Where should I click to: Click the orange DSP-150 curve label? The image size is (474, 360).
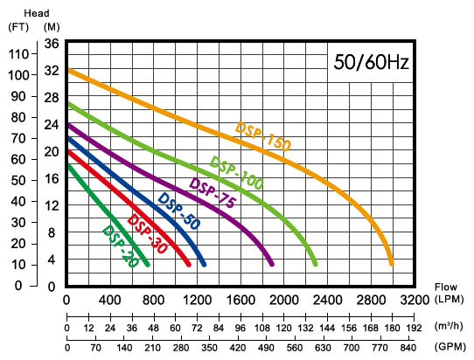point(262,136)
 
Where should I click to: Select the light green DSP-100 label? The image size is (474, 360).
point(236,173)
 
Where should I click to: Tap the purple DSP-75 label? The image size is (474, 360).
point(212,193)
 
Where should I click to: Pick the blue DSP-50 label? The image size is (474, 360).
point(179,211)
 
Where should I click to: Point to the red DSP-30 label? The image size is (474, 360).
point(147,234)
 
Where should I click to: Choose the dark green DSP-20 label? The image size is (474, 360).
point(121,246)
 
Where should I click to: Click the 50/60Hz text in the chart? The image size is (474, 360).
point(371,62)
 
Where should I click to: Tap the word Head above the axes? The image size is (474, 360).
point(36,13)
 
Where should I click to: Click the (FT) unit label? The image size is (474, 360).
point(18,27)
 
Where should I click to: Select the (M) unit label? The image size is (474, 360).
point(52,27)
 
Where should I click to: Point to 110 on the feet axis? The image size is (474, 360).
point(18,54)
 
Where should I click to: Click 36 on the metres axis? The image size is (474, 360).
point(52,44)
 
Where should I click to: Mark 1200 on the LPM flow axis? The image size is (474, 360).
point(197,301)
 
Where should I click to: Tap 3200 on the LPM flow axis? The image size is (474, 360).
point(415,301)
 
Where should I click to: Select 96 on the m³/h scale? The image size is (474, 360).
point(240,328)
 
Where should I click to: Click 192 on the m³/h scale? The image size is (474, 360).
point(414,328)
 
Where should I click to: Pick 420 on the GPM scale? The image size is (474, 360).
point(238,348)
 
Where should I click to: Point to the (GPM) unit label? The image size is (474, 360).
point(450,347)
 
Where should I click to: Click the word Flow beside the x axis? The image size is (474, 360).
point(446,287)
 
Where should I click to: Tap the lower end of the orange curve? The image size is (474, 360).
point(392,264)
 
